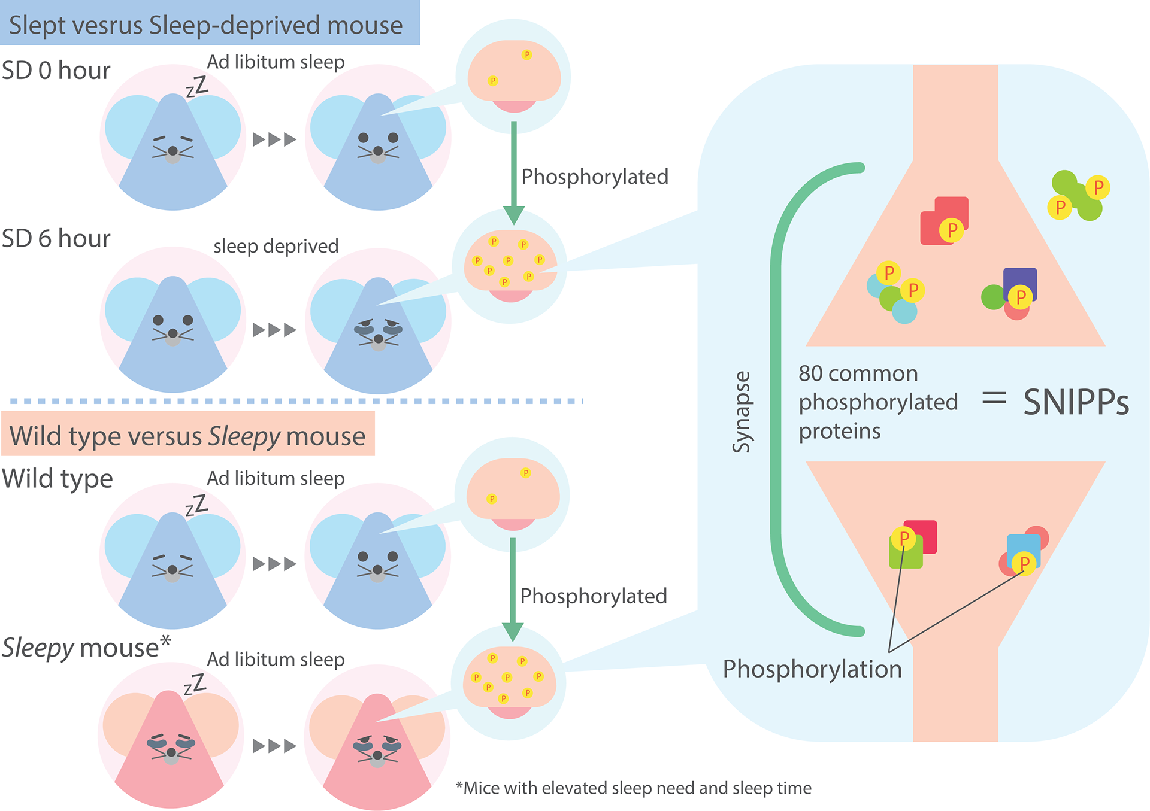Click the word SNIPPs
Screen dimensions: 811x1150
1076,402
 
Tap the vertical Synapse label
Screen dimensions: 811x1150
742,412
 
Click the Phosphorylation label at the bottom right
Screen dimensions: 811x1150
812,669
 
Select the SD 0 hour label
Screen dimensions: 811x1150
56,71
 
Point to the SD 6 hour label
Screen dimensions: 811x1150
56,239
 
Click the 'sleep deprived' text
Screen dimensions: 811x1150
276,246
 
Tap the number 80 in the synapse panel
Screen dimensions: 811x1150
810,373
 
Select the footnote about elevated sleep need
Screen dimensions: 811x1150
634,788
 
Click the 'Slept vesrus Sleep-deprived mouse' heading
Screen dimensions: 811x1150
205,25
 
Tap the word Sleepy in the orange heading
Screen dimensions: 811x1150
244,436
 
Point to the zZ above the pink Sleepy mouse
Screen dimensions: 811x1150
195,684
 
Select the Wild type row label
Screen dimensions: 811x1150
57,479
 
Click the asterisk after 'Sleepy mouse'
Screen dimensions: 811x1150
165,641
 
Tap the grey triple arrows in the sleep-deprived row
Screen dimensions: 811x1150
274,330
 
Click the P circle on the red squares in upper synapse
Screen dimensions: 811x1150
951,230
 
